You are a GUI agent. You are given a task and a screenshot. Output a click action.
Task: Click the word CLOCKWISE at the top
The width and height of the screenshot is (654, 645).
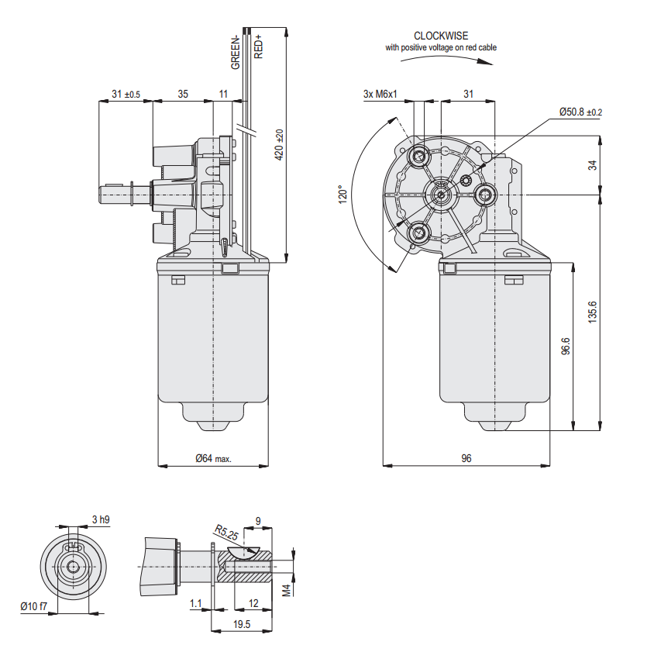[440, 36]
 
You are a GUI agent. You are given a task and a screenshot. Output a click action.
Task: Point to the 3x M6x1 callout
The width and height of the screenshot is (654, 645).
[380, 94]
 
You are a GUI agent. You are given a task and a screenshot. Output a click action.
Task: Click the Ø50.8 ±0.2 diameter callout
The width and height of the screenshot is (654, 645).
[580, 112]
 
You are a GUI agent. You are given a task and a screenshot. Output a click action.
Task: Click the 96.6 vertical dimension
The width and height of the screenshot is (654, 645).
[566, 347]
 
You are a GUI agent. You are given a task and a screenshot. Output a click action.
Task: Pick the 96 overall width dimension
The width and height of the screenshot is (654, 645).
[466, 458]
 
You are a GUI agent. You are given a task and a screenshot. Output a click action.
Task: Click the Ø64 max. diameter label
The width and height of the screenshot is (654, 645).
[213, 458]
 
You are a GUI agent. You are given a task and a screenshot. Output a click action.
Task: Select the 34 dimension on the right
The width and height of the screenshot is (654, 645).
[593, 165]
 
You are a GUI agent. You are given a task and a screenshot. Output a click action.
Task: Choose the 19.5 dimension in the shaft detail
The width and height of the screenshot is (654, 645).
[241, 624]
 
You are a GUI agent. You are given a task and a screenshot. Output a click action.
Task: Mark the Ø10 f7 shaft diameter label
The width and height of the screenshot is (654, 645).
[33, 605]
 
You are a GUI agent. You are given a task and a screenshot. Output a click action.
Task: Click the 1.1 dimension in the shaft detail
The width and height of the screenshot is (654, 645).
[195, 602]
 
